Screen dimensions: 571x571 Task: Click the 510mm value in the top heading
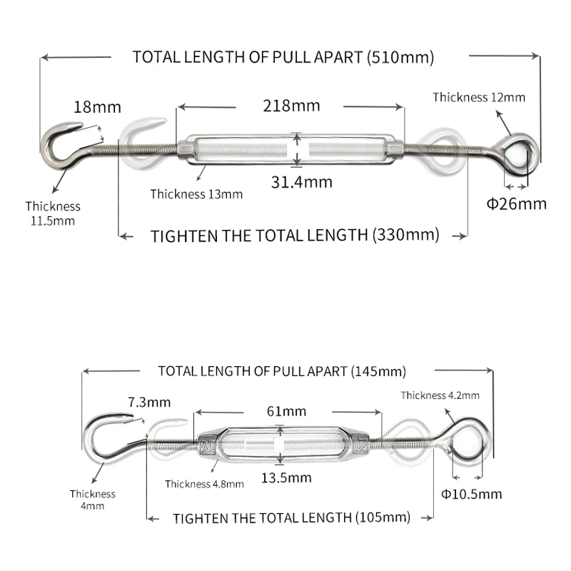400,58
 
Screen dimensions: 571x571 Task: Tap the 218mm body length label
291,106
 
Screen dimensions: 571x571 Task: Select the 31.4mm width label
301,182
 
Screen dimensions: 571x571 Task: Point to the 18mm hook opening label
97,107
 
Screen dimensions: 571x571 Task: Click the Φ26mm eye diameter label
516,204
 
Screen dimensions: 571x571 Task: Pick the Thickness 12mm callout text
479,97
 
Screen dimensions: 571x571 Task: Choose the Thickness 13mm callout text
196,194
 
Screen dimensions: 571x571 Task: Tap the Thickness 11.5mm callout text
53,213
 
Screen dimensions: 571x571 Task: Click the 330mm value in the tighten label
406,235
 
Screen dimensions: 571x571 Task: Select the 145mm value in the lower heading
379,371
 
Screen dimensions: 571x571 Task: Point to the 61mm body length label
287,411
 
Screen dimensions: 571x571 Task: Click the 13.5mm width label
286,477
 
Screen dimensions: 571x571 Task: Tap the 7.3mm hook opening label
149,402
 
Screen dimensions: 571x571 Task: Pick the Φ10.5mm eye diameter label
472,494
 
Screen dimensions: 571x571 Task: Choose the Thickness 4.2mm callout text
440,395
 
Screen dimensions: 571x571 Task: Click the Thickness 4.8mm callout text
204,484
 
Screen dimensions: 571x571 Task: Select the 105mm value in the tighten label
383,517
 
